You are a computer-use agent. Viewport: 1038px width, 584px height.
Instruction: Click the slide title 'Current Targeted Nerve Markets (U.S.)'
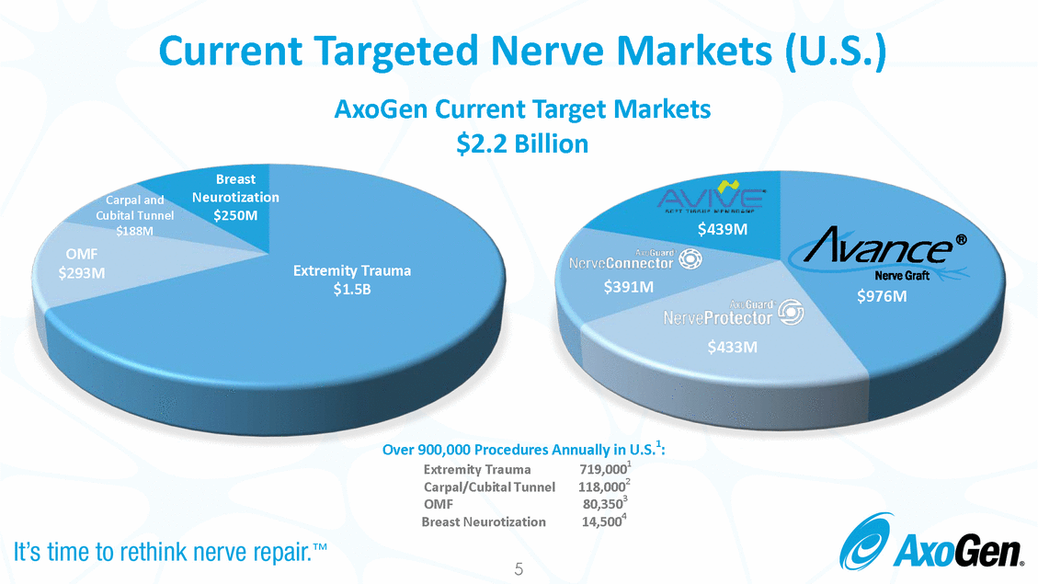522,51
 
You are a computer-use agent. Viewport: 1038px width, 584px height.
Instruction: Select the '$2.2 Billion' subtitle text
522,144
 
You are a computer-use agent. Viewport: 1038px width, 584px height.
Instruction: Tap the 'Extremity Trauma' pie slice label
352,270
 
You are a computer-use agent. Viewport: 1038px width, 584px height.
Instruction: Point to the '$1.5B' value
351,290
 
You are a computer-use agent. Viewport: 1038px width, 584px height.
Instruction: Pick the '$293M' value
81,273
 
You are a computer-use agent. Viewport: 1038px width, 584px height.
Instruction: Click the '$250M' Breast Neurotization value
235,216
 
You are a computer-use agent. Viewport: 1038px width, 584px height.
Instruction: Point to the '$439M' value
721,229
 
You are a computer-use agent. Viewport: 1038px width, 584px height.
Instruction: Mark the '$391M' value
628,287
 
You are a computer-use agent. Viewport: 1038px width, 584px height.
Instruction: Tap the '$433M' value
733,348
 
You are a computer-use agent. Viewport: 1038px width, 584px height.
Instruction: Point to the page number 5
519,570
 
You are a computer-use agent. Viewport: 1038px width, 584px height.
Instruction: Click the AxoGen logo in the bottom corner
930,547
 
